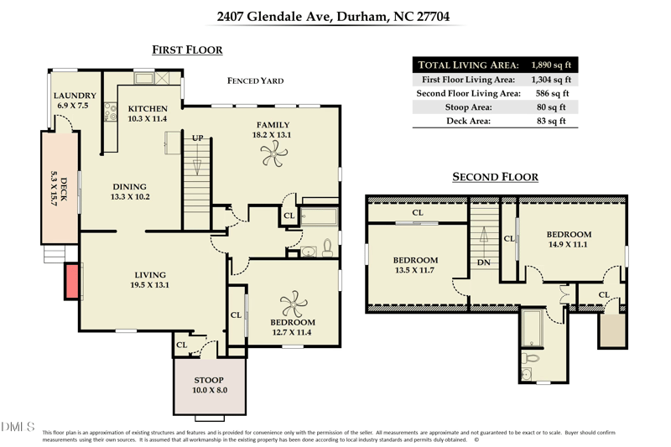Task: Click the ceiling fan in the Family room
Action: [x=274, y=153]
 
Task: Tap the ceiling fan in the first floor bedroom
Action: [x=294, y=304]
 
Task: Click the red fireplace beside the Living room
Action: [x=71, y=281]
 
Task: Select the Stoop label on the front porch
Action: [x=209, y=380]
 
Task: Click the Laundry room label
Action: [x=75, y=96]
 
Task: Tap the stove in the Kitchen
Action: [x=111, y=112]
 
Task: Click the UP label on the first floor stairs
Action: [x=197, y=138]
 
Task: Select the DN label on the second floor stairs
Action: [x=484, y=262]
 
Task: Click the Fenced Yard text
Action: [x=256, y=81]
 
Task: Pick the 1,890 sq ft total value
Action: [x=551, y=65]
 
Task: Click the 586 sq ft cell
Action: [x=553, y=93]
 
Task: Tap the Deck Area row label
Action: [x=468, y=121]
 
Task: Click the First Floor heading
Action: [x=187, y=50]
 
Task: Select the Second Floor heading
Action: [x=496, y=177]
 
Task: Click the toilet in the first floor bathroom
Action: [x=327, y=247]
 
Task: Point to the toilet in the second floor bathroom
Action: [x=530, y=357]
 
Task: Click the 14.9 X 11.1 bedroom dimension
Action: [x=568, y=245]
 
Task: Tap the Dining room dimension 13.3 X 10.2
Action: [x=130, y=197]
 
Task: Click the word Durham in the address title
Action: [x=362, y=17]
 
